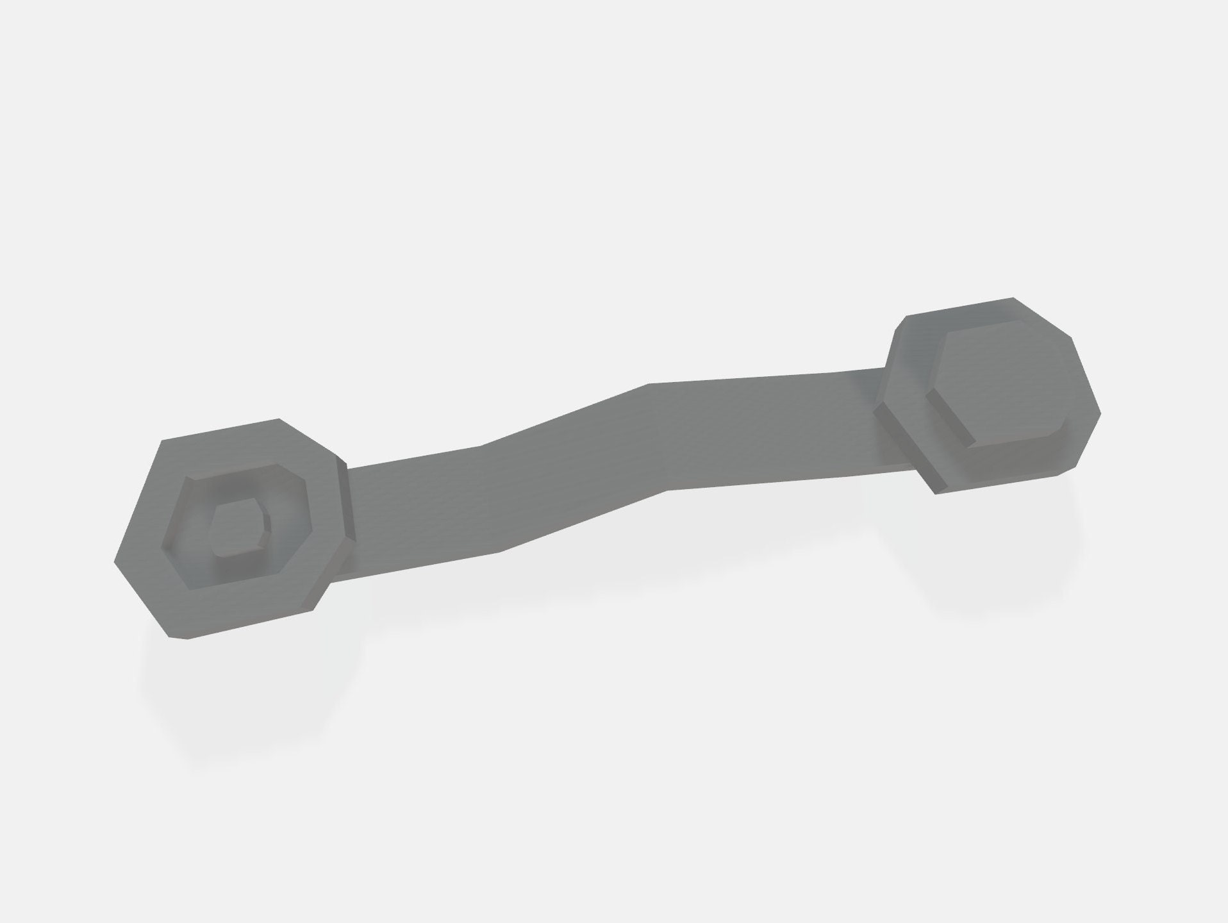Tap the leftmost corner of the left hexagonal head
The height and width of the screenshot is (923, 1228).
tap(115, 563)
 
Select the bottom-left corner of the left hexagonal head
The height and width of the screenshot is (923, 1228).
tap(170, 638)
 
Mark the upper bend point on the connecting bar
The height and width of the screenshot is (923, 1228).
tap(649, 384)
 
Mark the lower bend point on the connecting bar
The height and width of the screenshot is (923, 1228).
tap(667, 490)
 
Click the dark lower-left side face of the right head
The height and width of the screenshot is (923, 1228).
tap(910, 449)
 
